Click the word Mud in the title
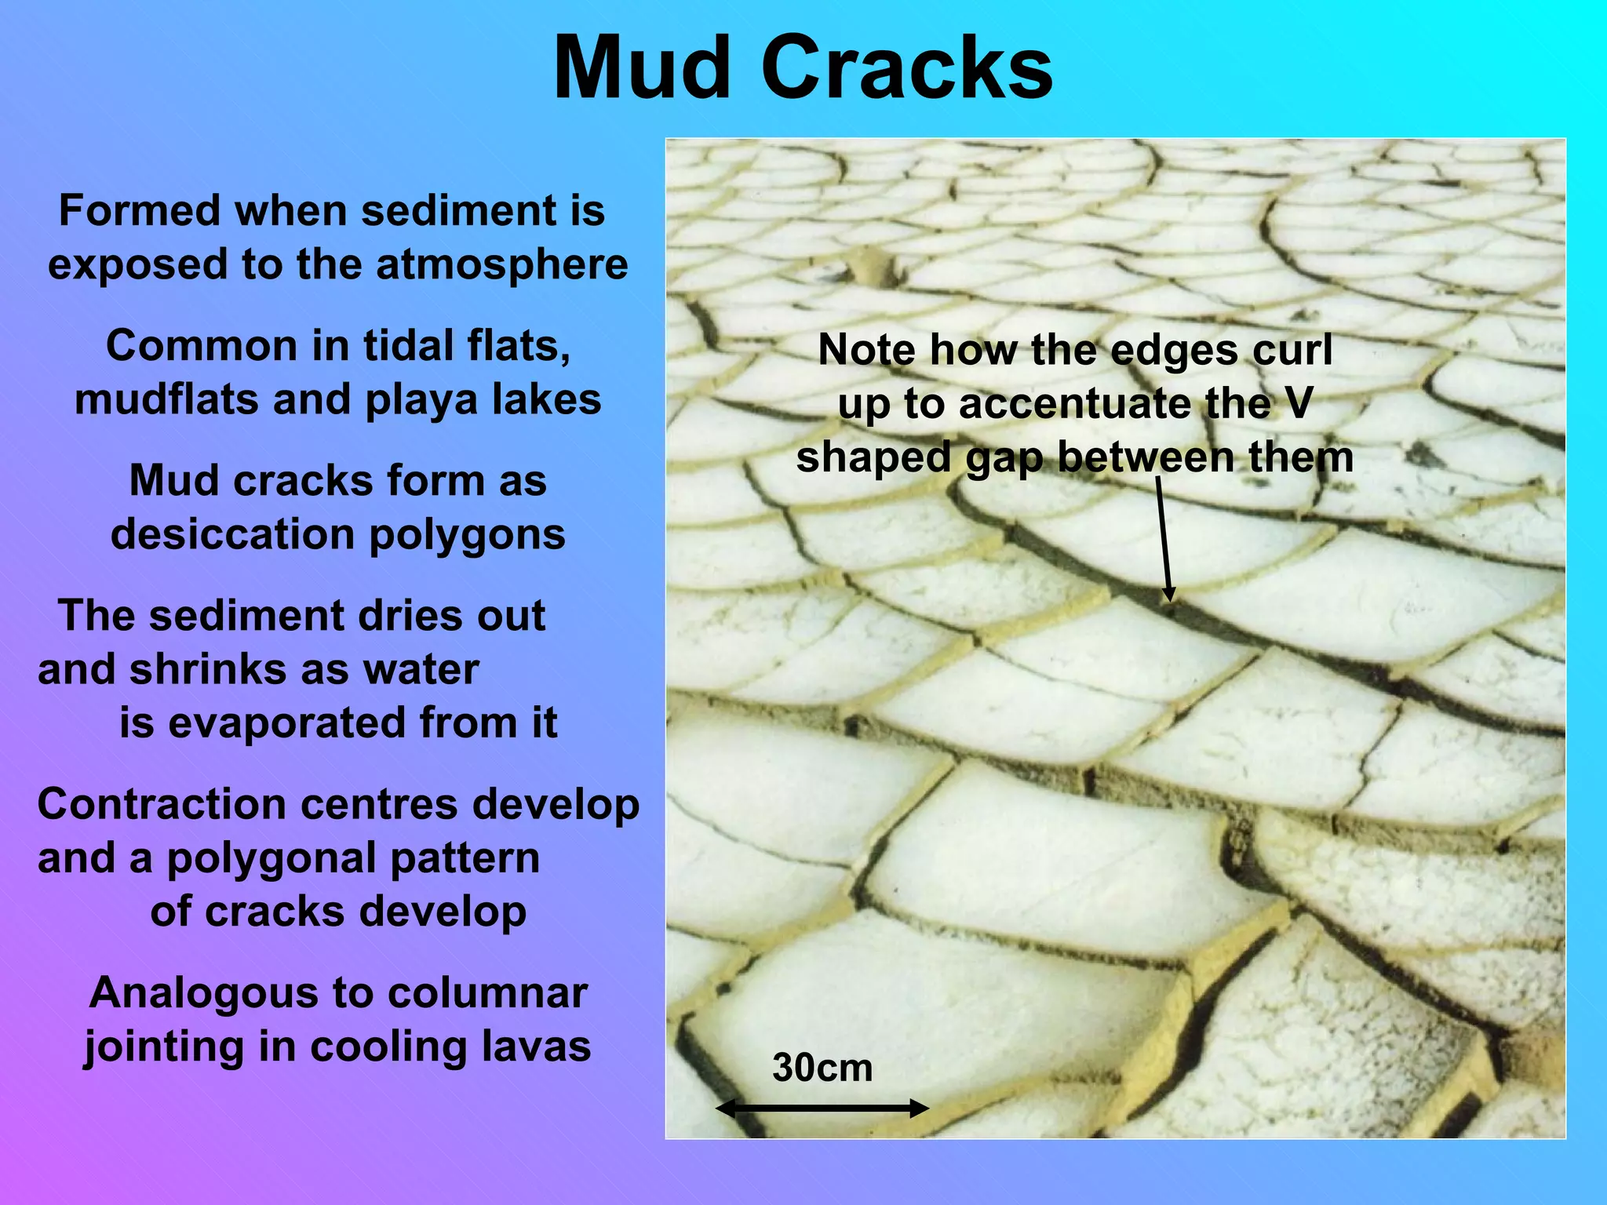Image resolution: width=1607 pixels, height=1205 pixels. pos(642,69)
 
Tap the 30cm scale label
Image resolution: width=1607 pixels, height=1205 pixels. pos(822,1068)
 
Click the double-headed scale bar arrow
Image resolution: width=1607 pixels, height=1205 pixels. pos(822,1109)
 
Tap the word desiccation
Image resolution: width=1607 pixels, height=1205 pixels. pos(233,535)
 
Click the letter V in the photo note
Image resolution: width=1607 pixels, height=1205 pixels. pos(1299,403)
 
